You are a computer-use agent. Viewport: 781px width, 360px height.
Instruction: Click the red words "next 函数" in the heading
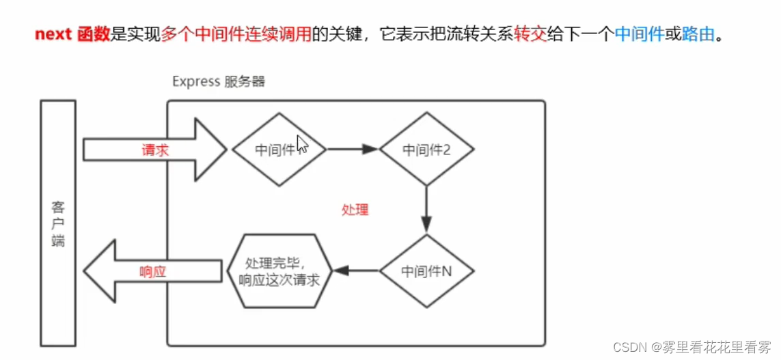click(72, 35)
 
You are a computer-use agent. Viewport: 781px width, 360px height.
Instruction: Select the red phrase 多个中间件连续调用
click(236, 35)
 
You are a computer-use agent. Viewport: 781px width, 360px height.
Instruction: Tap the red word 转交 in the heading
click(530, 35)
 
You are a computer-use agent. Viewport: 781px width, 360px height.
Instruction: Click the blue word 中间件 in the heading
click(639, 35)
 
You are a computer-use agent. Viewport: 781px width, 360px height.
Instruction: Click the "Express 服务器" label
click(218, 82)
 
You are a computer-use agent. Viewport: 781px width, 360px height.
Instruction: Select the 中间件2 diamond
click(426, 150)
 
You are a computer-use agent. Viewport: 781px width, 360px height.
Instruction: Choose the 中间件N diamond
click(426, 271)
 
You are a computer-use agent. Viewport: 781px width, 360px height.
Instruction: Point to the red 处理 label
click(355, 210)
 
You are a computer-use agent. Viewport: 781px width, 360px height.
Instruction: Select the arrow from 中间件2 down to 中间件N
click(426, 208)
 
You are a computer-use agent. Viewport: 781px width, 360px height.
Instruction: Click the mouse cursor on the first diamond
click(302, 146)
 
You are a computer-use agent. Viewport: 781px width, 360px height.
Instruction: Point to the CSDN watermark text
click(691, 346)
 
